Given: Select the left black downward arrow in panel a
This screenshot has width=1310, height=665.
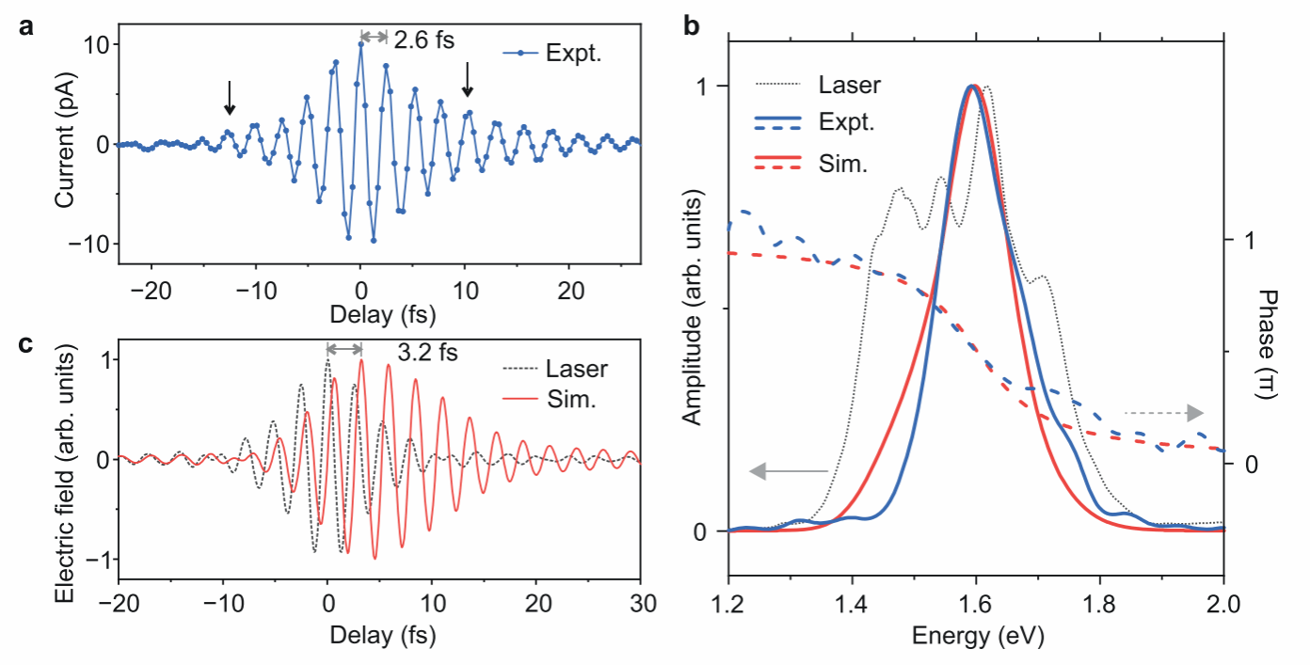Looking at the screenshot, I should (229, 98).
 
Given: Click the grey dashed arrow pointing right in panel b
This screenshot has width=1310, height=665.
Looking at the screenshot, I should (1163, 412).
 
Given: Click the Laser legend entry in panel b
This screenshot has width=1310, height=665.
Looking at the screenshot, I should (850, 86).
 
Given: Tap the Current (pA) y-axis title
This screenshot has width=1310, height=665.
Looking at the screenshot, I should (63, 144).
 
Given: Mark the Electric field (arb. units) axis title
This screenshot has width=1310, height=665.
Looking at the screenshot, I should (63, 462).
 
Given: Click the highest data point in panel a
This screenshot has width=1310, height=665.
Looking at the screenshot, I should (360, 44).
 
